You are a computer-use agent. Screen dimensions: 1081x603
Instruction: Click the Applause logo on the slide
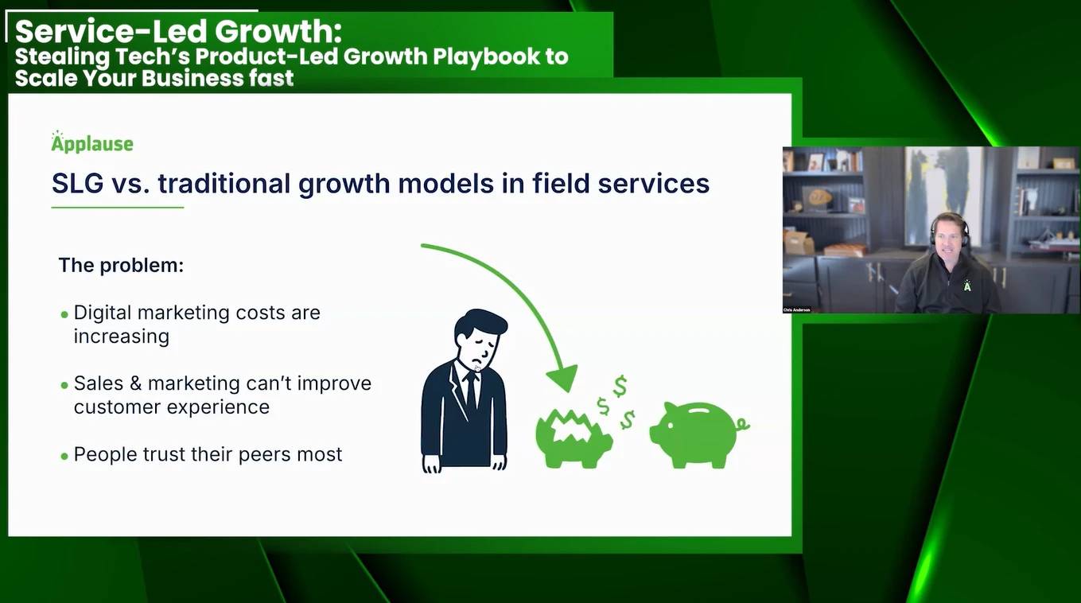(92, 142)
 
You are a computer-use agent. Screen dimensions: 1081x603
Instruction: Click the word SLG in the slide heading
(77, 184)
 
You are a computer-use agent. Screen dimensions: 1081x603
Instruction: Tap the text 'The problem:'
(121, 265)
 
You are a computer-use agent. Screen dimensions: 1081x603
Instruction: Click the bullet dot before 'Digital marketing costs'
(64, 315)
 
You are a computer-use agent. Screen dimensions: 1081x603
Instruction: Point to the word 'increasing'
(122, 337)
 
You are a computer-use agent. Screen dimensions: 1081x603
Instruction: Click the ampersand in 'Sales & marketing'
(135, 383)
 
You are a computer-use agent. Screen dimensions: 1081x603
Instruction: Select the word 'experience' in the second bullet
(218, 407)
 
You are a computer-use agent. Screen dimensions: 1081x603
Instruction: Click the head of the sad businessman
(480, 339)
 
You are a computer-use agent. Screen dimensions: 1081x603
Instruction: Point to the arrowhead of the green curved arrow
(563, 378)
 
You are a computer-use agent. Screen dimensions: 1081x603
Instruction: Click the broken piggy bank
(574, 439)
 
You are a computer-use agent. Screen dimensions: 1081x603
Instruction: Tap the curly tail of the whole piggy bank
(743, 424)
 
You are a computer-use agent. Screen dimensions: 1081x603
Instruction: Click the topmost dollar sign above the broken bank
(620, 387)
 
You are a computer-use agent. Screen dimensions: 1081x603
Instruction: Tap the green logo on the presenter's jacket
(967, 286)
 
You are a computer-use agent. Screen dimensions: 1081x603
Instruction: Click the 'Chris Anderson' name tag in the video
(797, 310)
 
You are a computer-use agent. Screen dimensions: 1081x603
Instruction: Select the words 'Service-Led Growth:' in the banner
(178, 31)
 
